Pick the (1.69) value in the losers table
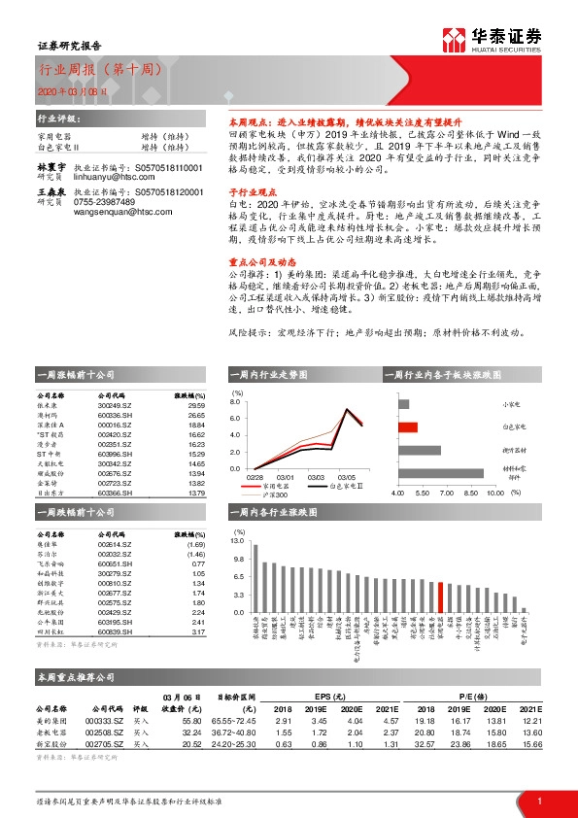coord(195,546)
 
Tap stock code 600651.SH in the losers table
coord(115,563)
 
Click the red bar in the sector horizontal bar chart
coord(408,426)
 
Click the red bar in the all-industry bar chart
coord(440,596)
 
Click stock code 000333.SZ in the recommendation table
coord(106,720)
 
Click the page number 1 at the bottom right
coord(538,801)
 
